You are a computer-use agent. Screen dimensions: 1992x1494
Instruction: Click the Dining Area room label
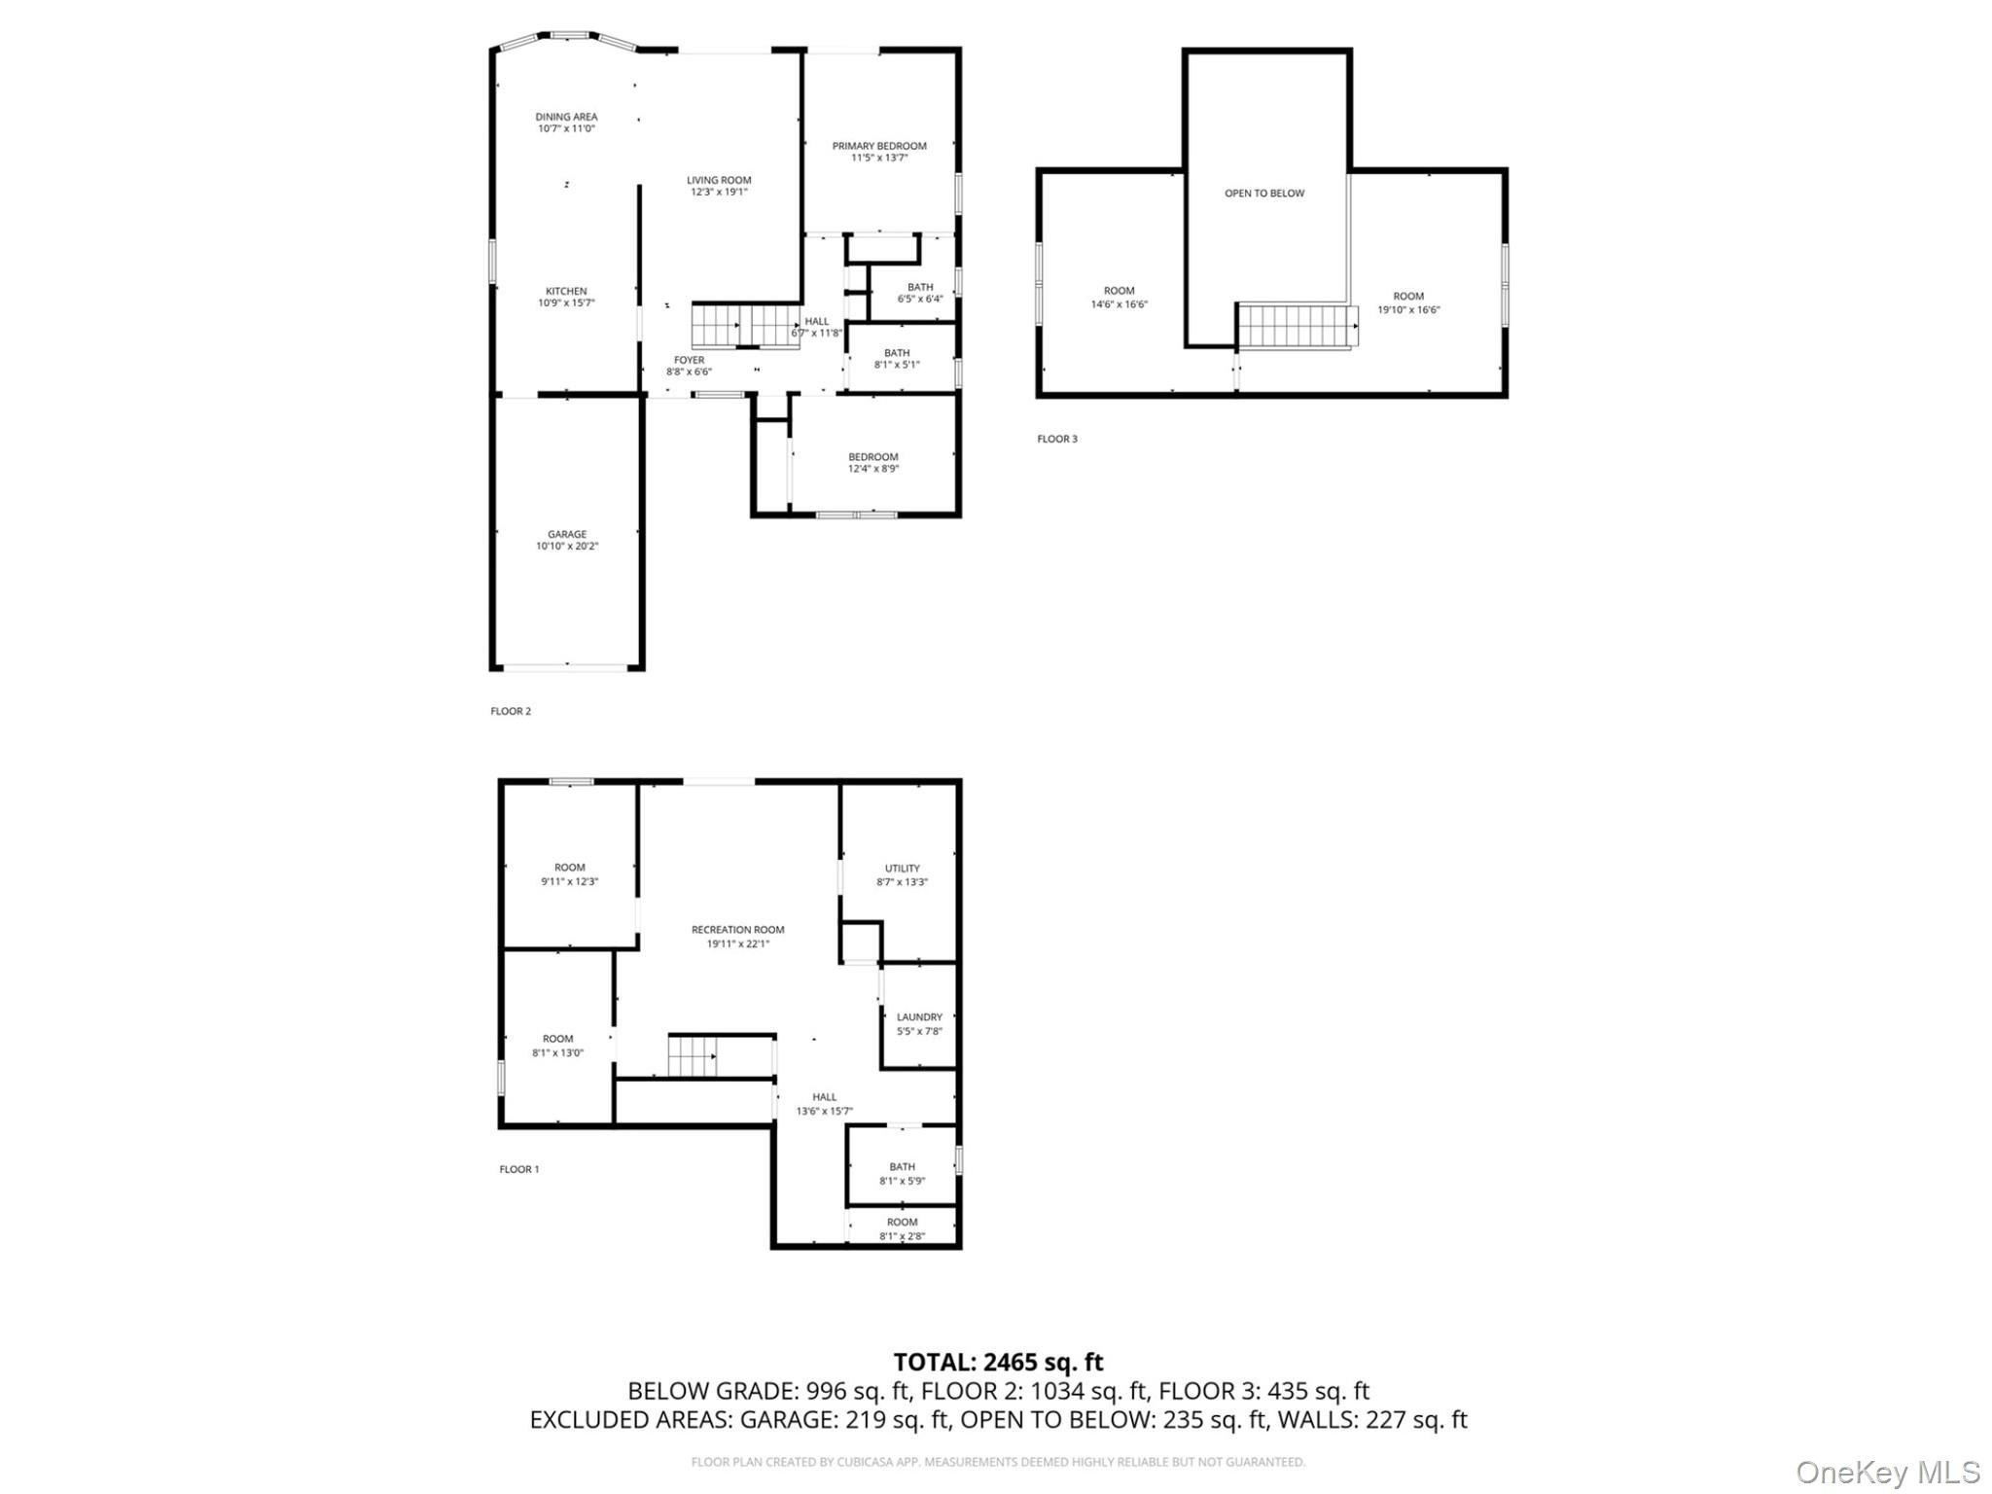566,117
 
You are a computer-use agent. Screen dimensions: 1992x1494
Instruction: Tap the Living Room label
719,180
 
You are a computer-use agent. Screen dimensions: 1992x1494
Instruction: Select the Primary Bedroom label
879,146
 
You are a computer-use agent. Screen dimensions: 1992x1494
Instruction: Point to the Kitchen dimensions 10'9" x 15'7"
566,303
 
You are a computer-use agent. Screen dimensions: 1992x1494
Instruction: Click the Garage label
567,534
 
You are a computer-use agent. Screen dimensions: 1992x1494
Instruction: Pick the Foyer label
690,360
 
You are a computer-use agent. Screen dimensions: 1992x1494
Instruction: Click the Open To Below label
1264,194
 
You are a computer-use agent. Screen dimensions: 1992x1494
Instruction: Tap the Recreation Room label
738,930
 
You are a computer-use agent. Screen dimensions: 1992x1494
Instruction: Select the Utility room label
903,869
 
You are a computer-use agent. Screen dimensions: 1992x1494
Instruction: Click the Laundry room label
920,1017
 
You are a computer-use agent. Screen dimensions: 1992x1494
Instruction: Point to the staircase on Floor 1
693,1056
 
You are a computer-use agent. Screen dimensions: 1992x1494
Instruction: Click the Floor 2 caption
511,711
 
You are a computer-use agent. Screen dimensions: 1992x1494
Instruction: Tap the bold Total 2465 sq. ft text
998,1362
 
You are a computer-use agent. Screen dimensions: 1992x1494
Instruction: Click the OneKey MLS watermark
1888,1473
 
